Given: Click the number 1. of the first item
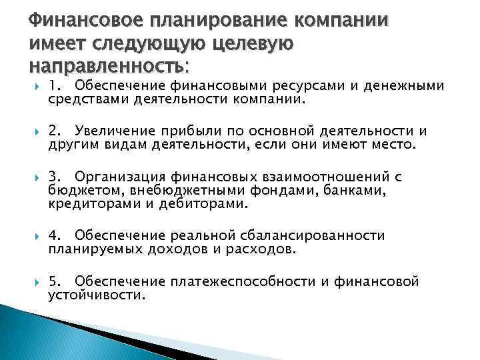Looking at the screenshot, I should pyautogui.click(x=56, y=85).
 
